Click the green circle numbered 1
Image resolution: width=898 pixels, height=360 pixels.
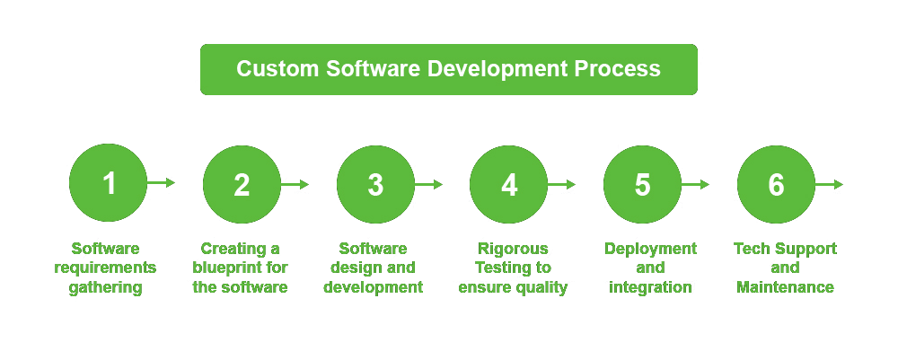(x=109, y=183)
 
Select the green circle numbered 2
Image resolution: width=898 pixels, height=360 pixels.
(x=242, y=184)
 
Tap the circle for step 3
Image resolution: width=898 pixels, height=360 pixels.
(x=375, y=184)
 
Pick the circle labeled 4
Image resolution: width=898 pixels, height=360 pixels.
(x=509, y=184)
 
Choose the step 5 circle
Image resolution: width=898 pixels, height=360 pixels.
(x=643, y=184)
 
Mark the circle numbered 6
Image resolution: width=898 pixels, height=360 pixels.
(x=776, y=184)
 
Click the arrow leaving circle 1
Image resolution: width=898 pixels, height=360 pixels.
(x=161, y=183)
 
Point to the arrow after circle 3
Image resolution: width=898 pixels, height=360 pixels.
(x=429, y=184)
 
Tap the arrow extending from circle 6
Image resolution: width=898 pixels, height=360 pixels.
(x=829, y=184)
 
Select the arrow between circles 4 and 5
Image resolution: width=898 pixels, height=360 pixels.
(x=562, y=184)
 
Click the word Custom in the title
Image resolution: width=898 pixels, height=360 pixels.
(x=277, y=69)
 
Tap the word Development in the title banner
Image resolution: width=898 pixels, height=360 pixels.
(x=497, y=70)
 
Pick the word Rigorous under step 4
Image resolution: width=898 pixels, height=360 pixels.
(x=513, y=250)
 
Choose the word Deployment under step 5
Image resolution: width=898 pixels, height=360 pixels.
(x=650, y=250)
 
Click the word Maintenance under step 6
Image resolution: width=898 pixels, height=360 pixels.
(x=785, y=286)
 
